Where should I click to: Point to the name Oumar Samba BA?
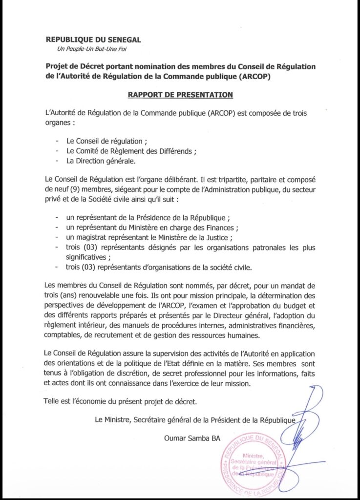(x=192, y=438)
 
